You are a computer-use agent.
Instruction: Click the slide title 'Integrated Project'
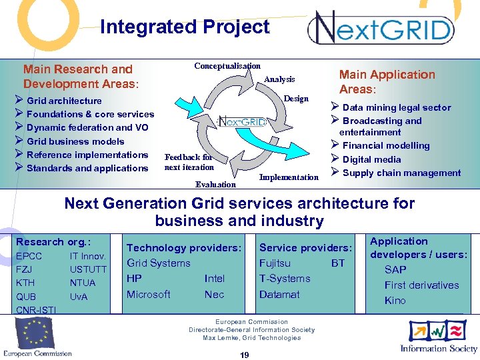pyautogui.click(x=185, y=27)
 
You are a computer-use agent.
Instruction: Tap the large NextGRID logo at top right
pyautogui.click(x=380, y=29)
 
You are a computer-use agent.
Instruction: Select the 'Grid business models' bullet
pyautogui.click(x=75, y=141)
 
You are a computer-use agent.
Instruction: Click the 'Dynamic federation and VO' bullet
pyautogui.click(x=87, y=127)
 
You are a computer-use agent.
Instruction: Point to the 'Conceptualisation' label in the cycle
pyautogui.click(x=227, y=66)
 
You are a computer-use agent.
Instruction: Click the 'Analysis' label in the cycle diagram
pyautogui.click(x=279, y=79)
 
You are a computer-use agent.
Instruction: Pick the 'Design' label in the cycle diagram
pyautogui.click(x=296, y=99)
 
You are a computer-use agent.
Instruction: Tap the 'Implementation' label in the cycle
pyautogui.click(x=289, y=177)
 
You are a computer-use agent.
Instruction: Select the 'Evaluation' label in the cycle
pyautogui.click(x=215, y=185)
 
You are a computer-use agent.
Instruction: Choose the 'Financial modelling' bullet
pyautogui.click(x=386, y=145)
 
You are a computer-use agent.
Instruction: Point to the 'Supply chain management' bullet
pyautogui.click(x=401, y=173)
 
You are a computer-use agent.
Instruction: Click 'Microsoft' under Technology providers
pyautogui.click(x=149, y=294)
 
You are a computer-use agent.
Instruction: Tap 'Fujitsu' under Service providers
pyautogui.click(x=275, y=263)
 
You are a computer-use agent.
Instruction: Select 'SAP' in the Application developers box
pyautogui.click(x=395, y=269)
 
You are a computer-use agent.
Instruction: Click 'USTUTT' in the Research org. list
pyautogui.click(x=88, y=269)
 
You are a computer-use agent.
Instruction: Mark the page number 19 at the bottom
pyautogui.click(x=244, y=355)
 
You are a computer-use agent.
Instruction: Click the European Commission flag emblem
pyautogui.click(x=36, y=331)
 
